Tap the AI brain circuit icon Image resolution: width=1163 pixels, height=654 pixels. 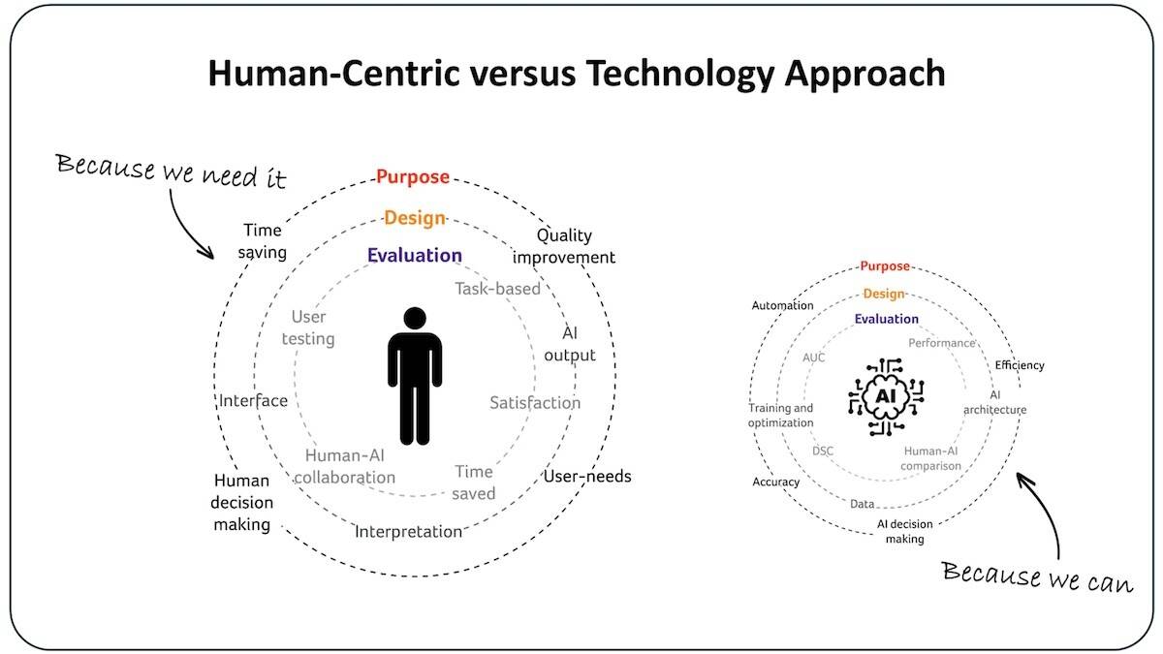tap(886, 395)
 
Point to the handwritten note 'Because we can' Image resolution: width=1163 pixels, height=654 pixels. tap(1036, 576)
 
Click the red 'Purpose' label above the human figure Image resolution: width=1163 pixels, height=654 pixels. tap(413, 177)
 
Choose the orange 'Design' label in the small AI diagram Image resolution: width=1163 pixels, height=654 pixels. tap(884, 294)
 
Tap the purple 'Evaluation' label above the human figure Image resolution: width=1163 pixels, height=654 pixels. tap(415, 256)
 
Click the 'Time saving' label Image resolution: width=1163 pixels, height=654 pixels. tap(263, 242)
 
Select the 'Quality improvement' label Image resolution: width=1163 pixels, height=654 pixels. tap(564, 246)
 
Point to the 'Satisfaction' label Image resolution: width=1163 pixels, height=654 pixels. tap(535, 403)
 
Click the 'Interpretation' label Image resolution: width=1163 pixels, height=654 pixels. tap(408, 532)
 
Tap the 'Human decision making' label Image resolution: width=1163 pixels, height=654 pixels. tap(242, 502)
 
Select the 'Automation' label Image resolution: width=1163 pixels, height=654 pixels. tap(783, 306)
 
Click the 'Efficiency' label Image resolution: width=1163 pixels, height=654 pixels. tap(1020, 365)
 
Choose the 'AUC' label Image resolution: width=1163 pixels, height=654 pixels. tap(814, 358)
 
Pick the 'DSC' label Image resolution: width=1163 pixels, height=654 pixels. tap(823, 451)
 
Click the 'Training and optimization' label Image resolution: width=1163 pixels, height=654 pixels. tap(781, 416)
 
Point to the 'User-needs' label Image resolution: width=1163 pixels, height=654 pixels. tap(587, 477)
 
